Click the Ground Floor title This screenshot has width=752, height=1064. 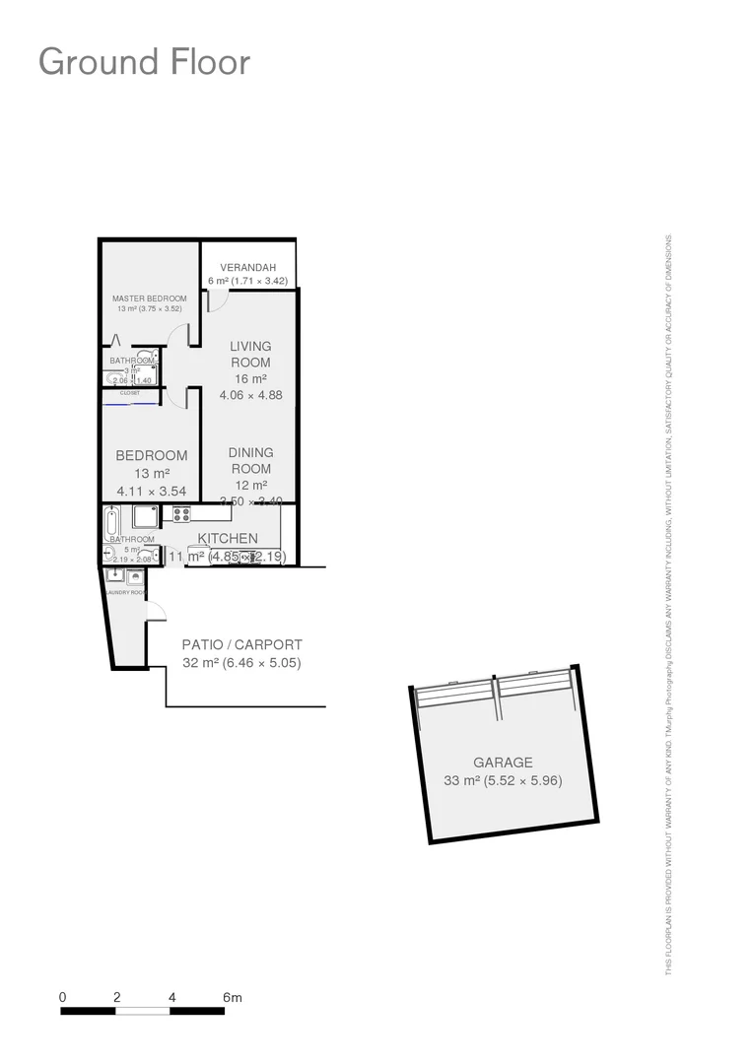(144, 62)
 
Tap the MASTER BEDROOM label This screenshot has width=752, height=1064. (149, 298)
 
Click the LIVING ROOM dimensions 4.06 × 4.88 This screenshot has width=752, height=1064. (250, 395)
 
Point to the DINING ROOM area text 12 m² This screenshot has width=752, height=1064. (250, 485)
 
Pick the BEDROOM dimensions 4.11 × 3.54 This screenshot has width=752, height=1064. (152, 491)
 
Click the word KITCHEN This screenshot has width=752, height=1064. (228, 538)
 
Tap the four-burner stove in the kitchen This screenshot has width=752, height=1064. (181, 513)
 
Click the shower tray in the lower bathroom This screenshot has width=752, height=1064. (145, 517)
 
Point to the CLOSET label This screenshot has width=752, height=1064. (129, 393)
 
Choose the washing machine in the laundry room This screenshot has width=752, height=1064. (135, 576)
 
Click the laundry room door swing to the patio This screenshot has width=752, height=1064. (155, 612)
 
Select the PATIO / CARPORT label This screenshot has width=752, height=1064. (241, 645)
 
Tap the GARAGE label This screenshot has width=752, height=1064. (503, 763)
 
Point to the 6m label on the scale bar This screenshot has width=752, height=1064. (232, 998)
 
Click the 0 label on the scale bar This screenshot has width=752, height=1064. (62, 998)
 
